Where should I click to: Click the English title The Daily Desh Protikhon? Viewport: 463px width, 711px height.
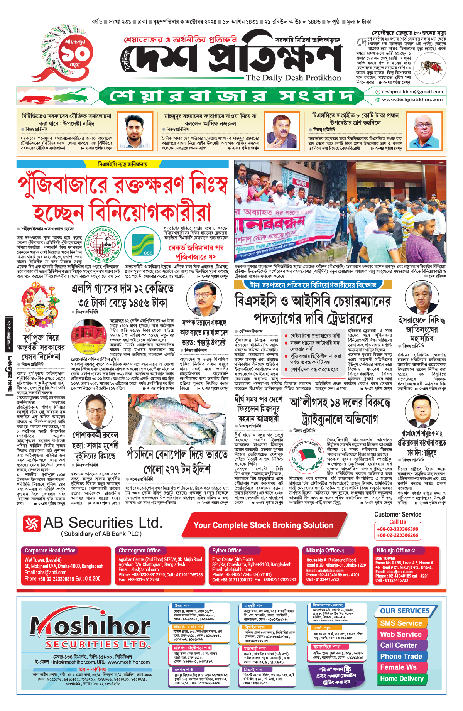pyautogui.click(x=293, y=78)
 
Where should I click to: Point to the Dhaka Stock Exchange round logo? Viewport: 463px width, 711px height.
pyautogui.click(x=103, y=246)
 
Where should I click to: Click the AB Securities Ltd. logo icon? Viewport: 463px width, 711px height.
pyautogui.click(x=32, y=524)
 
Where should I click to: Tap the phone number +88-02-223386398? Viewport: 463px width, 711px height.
pyautogui.click(x=397, y=529)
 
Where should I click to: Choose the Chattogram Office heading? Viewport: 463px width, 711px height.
pyautogui.click(x=139, y=551)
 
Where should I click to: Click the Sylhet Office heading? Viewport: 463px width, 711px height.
pyautogui.click(x=226, y=551)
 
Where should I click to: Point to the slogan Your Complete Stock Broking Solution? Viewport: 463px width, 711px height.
pyautogui.click(x=263, y=525)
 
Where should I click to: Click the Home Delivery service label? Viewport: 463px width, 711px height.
pyautogui.click(x=402, y=679)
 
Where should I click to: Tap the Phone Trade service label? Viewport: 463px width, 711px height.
pyautogui.click(x=401, y=656)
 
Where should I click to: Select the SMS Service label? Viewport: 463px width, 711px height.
pyautogui.click(x=401, y=623)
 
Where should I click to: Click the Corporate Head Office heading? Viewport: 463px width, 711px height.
pyautogui.click(x=50, y=551)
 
